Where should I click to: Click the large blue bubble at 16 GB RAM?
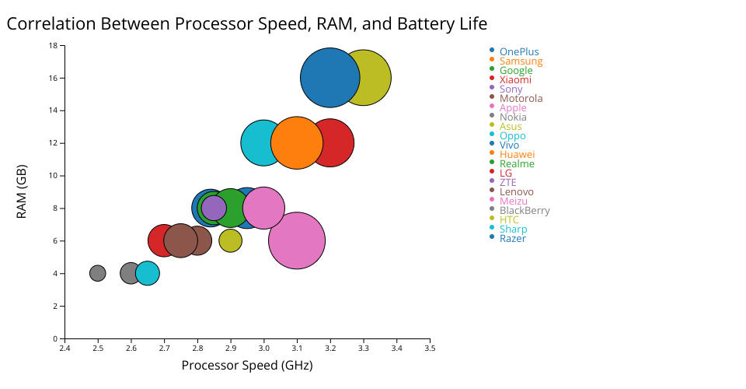[329, 78]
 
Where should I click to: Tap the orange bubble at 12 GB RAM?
[297, 143]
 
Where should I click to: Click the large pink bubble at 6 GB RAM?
[297, 241]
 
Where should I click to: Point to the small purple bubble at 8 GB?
[214, 208]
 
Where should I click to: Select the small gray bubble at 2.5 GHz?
[97, 273]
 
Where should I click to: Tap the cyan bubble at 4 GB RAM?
[148, 273]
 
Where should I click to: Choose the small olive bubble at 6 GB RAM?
[230, 240]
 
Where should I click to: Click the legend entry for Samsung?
[521, 61]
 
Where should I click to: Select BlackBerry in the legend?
[525, 211]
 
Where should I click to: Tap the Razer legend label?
[512, 239]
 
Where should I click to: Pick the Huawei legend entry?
[517, 155]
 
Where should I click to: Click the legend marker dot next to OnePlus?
[492, 51]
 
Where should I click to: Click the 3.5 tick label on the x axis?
[430, 349]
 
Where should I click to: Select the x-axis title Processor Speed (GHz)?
[247, 366]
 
